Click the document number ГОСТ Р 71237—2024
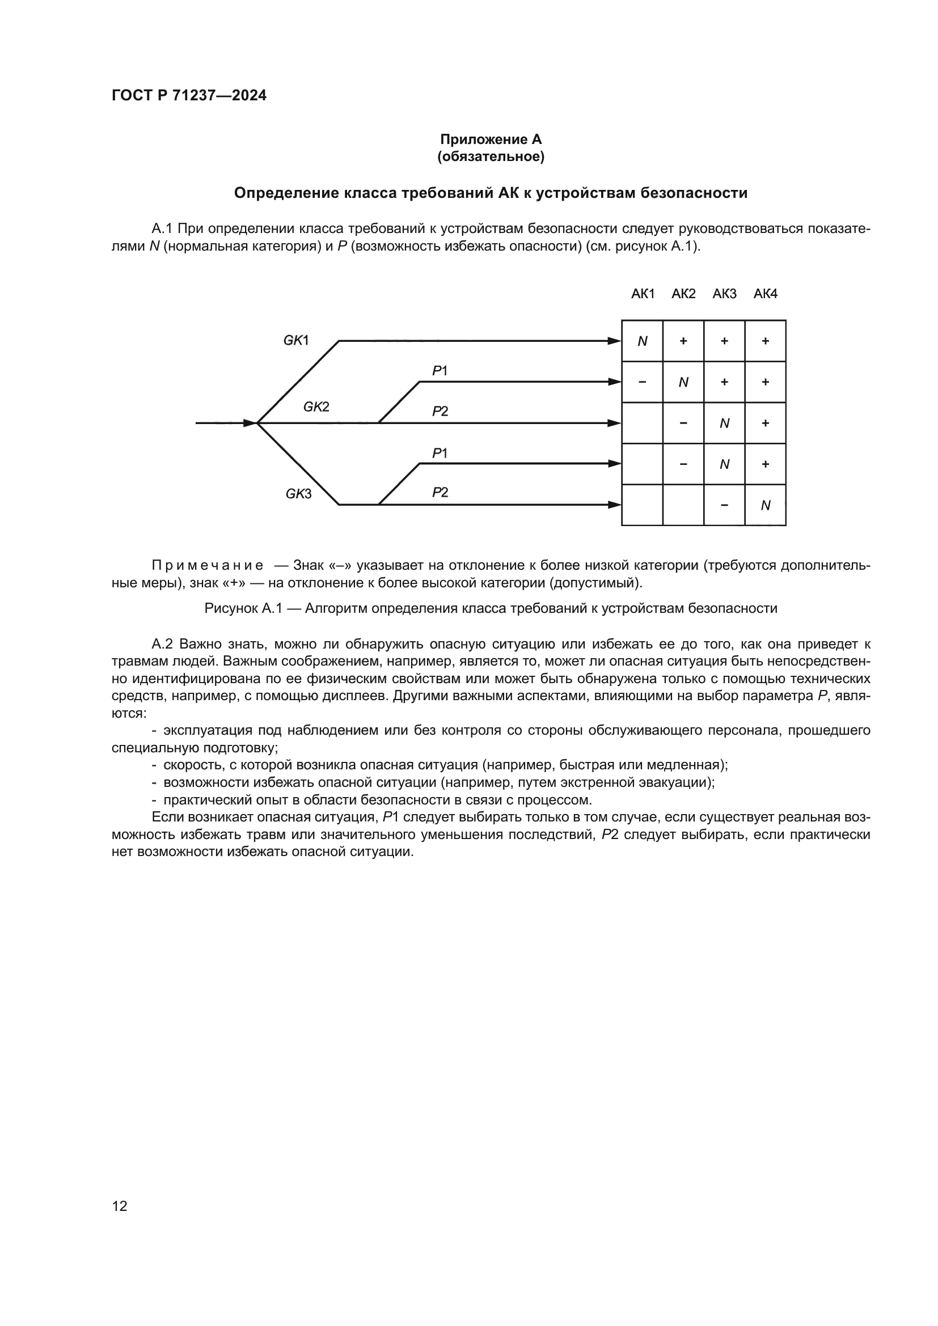coord(189,95)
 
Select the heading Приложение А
coord(491,139)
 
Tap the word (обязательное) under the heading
coord(491,156)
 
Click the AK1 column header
coord(643,294)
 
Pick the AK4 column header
coord(765,294)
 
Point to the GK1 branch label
coord(295,340)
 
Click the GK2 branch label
coord(316,406)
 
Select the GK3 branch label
coord(298,494)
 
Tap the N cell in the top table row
coord(643,341)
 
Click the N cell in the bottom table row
coord(765,505)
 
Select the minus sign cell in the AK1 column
coord(643,382)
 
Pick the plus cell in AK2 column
coord(683,341)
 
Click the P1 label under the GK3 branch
coord(440,454)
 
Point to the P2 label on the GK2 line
coord(440,411)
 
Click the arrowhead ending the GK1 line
coord(614,341)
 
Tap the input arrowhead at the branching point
coord(250,423)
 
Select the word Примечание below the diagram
coord(208,565)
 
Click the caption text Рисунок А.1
coord(243,608)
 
